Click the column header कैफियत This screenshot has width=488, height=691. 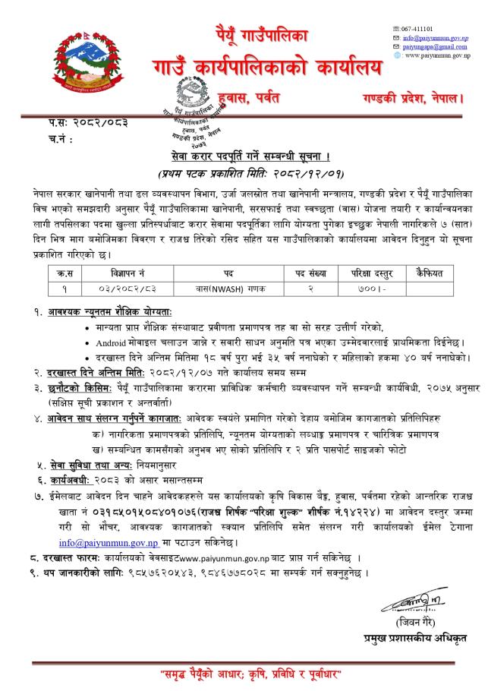click(x=430, y=272)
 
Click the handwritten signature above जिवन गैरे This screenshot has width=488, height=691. click(x=405, y=605)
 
